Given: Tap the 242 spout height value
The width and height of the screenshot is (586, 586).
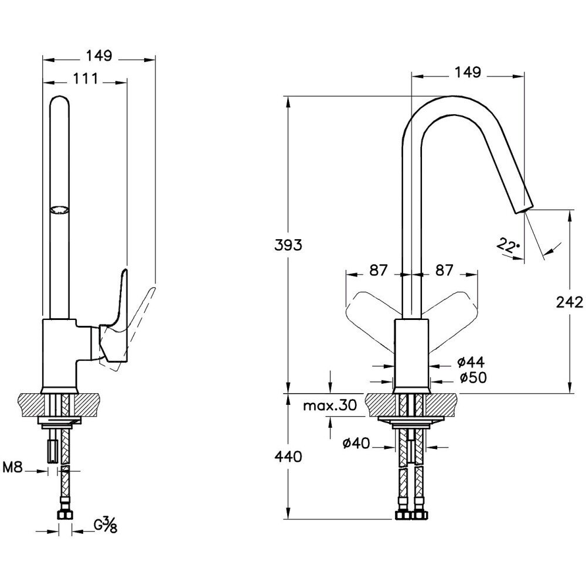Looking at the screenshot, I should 569,302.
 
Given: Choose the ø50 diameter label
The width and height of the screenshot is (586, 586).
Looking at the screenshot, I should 472,379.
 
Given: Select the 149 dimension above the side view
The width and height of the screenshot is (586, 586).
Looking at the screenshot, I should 99,56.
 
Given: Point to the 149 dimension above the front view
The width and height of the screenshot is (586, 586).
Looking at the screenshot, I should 468,73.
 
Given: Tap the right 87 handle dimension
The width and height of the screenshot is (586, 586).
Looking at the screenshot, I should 445,270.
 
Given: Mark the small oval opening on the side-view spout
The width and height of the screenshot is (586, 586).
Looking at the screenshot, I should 59,209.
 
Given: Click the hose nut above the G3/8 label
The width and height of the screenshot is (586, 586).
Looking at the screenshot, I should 64,516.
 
